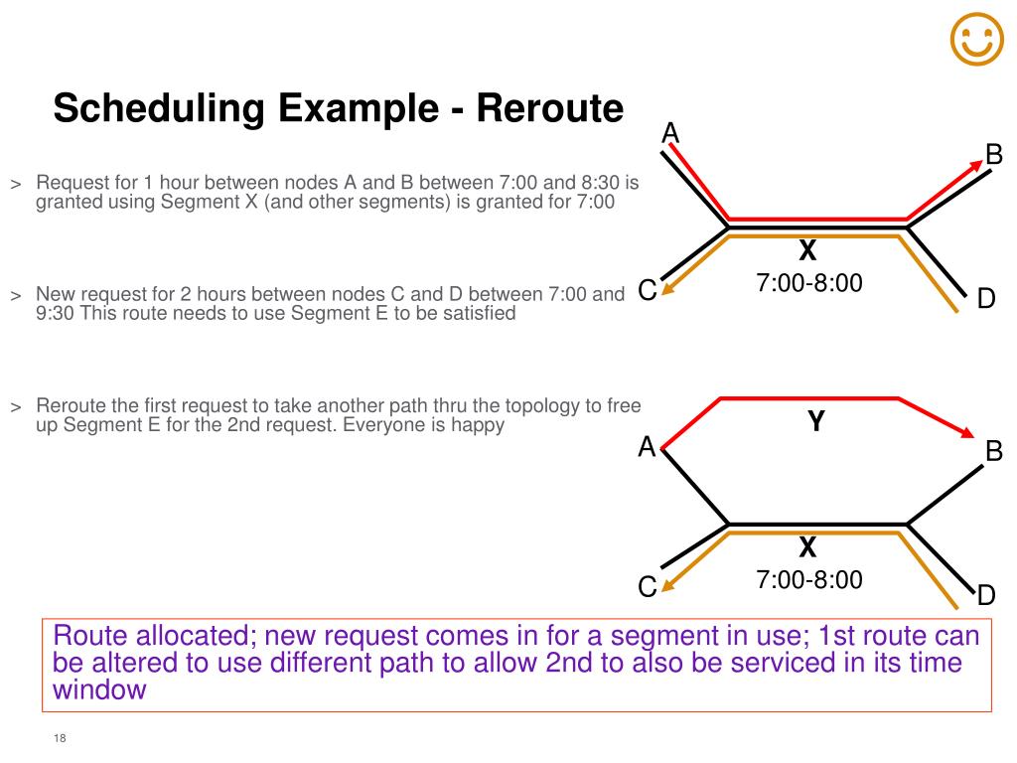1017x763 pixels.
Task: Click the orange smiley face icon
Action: click(x=976, y=41)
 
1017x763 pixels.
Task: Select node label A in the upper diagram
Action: click(x=670, y=132)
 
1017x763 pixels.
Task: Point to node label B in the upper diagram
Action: click(x=993, y=155)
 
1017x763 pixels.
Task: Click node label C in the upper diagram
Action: click(x=647, y=291)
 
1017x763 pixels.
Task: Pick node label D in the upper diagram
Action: click(x=985, y=298)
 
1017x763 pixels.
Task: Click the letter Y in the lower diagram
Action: click(x=816, y=422)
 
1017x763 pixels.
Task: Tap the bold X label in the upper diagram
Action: click(x=807, y=252)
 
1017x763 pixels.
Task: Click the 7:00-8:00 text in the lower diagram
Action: click(x=809, y=579)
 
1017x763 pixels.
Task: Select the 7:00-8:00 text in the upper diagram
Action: click(x=809, y=283)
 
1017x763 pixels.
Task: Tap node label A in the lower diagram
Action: click(x=647, y=448)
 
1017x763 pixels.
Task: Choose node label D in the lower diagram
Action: click(x=985, y=596)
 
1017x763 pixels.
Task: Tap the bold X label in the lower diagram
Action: click(x=807, y=547)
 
